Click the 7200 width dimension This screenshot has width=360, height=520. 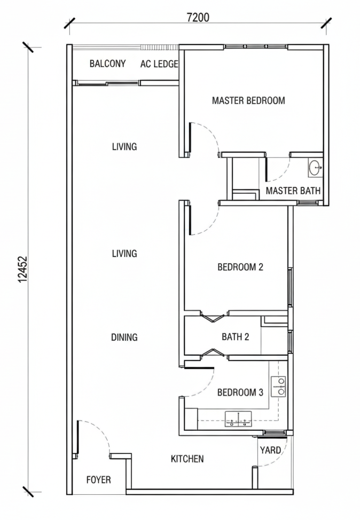point(198,17)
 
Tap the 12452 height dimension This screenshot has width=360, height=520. point(22,269)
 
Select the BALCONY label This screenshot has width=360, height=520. point(107,64)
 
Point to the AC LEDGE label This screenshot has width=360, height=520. point(159,64)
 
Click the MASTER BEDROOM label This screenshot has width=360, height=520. point(248,100)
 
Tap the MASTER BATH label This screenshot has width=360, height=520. point(293,191)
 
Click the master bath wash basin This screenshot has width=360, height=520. point(315,168)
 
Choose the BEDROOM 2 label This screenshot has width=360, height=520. point(240,266)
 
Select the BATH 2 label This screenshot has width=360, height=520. point(235,336)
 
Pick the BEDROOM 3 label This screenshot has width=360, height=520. point(240,392)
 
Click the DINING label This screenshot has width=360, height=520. point(124,337)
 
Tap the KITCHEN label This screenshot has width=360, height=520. point(187,459)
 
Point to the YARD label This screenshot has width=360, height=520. point(270,450)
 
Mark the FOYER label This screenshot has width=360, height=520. point(98,479)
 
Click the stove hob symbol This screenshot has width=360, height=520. point(278,387)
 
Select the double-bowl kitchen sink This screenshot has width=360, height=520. point(239,419)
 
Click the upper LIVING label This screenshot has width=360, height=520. point(124,146)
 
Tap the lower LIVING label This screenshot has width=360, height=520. point(124,254)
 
